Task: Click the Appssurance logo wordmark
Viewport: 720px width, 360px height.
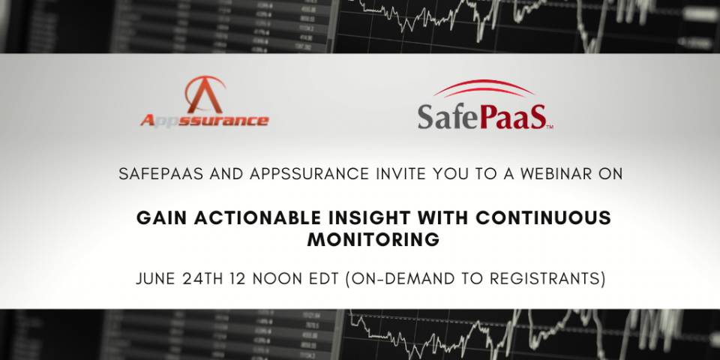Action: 203,120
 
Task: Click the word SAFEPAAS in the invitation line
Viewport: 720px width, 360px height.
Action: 159,174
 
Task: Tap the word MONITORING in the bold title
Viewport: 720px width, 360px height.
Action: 373,240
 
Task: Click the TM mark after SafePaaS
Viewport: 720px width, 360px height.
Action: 550,127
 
